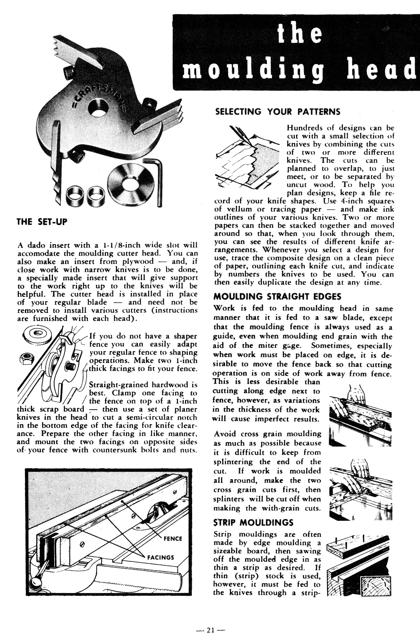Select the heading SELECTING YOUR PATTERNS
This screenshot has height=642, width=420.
[x=278, y=112]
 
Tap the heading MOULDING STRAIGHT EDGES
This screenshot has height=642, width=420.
[x=277, y=297]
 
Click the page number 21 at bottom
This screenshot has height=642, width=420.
[x=210, y=630]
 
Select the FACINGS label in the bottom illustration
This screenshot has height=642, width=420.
[x=160, y=557]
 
